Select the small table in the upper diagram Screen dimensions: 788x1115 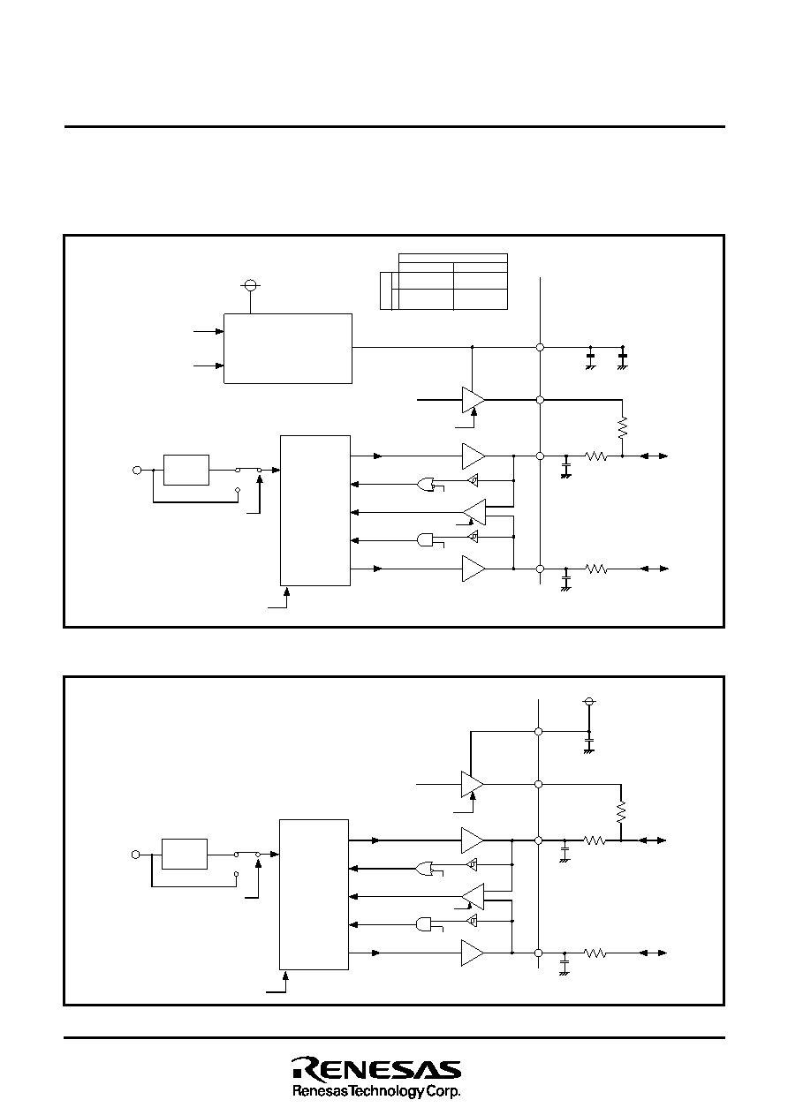click(x=443, y=282)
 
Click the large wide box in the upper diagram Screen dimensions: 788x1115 click(x=288, y=349)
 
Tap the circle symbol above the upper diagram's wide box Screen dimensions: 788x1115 click(x=251, y=285)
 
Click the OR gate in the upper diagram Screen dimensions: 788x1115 click(x=426, y=484)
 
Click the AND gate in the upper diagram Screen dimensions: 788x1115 click(x=425, y=540)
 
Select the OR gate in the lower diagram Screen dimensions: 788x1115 click(x=424, y=868)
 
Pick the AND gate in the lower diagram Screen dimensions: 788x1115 click(x=424, y=924)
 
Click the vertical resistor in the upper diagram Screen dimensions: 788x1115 click(x=622, y=427)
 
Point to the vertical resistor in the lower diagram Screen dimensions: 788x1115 click(x=621, y=812)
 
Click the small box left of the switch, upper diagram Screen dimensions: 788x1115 click(x=186, y=470)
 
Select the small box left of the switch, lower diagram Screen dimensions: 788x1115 click(x=185, y=855)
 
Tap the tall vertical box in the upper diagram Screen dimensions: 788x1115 click(x=315, y=510)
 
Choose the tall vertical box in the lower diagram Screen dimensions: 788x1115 click(x=314, y=894)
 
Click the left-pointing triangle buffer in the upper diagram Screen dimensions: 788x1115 click(x=474, y=512)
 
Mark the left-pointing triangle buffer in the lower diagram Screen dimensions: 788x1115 click(x=473, y=896)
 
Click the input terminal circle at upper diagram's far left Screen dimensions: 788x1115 click(x=137, y=470)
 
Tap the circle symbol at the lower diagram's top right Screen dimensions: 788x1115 click(x=588, y=702)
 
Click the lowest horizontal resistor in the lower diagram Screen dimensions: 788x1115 click(x=595, y=953)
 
